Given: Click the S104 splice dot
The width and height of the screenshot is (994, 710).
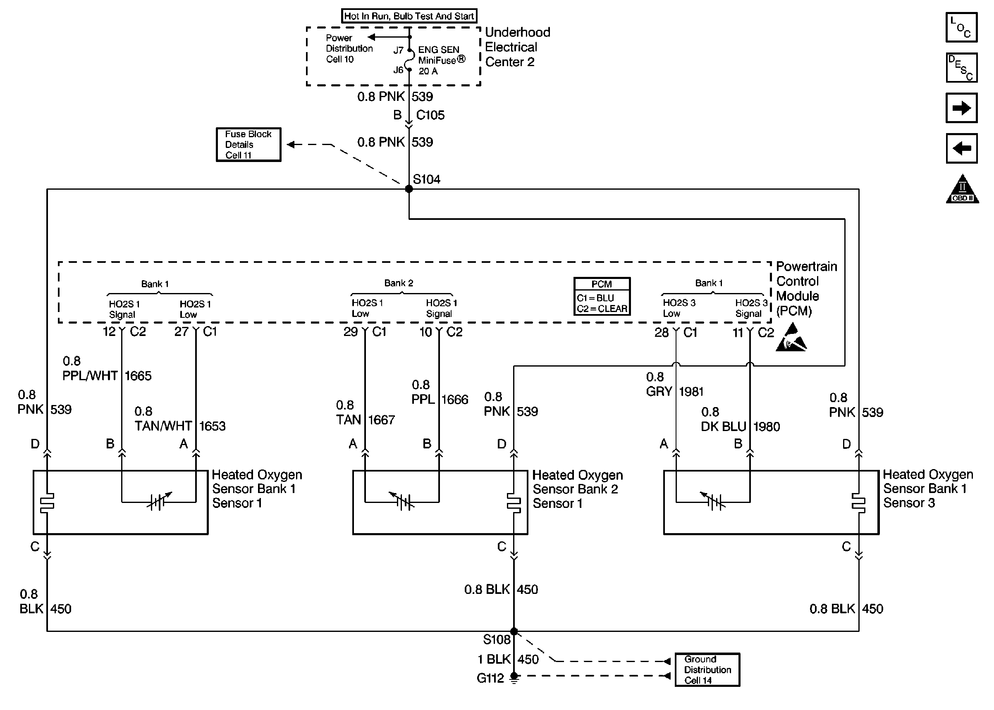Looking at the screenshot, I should pyautogui.click(x=409, y=189).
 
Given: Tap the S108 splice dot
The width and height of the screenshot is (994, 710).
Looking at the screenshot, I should pyautogui.click(x=514, y=631).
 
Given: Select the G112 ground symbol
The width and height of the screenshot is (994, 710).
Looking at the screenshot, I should pyautogui.click(x=514, y=678).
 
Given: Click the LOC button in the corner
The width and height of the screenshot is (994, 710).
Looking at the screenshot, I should pyautogui.click(x=961, y=27).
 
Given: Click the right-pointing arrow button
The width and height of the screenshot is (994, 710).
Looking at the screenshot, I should pyautogui.click(x=961, y=107).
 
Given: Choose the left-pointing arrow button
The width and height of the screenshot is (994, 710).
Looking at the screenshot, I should pyautogui.click(x=961, y=148).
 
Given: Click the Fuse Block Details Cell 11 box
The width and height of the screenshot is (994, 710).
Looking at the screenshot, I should pyautogui.click(x=248, y=145).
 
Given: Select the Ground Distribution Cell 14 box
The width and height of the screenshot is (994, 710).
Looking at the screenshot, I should pyautogui.click(x=707, y=670).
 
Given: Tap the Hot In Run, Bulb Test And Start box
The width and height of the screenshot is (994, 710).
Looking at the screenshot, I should pyautogui.click(x=409, y=16).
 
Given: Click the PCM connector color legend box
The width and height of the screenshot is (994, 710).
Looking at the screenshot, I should pyautogui.click(x=602, y=296).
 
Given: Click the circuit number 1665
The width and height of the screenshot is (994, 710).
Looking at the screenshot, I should pyautogui.click(x=138, y=376).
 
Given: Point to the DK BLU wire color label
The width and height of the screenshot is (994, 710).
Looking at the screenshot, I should pyautogui.click(x=723, y=426).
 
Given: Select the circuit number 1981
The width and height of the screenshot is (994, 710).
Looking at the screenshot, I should pyautogui.click(x=691, y=392).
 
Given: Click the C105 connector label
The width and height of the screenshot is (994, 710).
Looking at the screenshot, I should pyautogui.click(x=430, y=115).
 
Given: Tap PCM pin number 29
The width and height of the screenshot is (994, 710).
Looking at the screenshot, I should pyautogui.click(x=350, y=332).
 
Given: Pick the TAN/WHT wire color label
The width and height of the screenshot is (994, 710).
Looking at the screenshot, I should pyautogui.click(x=163, y=426).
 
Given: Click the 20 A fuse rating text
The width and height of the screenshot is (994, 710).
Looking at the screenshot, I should pyautogui.click(x=428, y=71).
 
